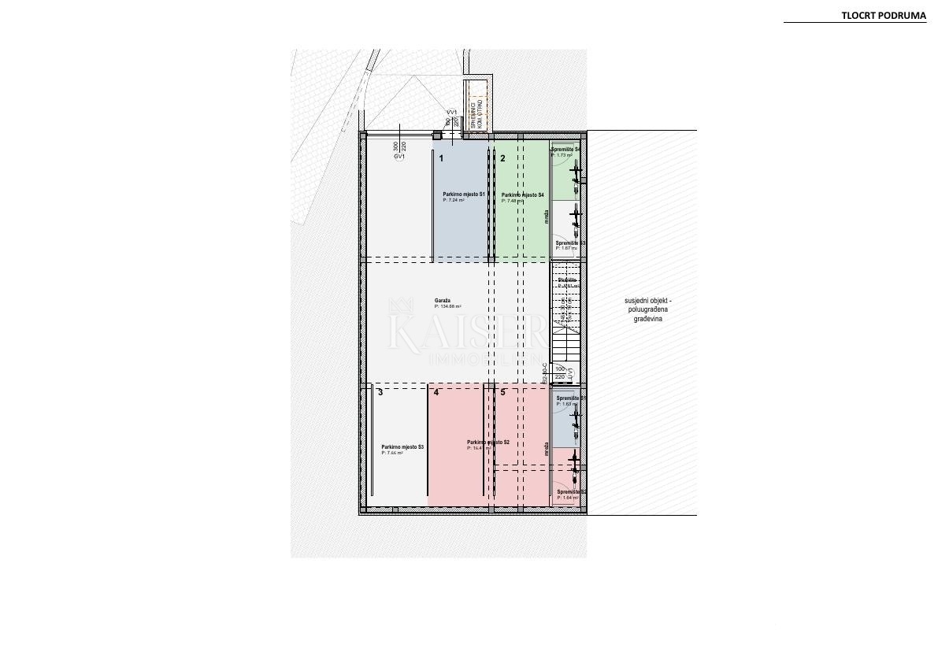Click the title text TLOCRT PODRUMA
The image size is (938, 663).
pyautogui.click(x=884, y=15)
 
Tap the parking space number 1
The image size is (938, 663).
pyautogui.click(x=441, y=158)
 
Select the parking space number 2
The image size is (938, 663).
pyautogui.click(x=502, y=158)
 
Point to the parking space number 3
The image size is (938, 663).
pyautogui.click(x=380, y=392)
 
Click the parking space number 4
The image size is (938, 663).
pyautogui.click(x=436, y=392)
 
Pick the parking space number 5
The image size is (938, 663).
pyautogui.click(x=502, y=392)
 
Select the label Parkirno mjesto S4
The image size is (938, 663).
pyautogui.click(x=522, y=195)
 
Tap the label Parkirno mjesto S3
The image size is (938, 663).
pyautogui.click(x=402, y=446)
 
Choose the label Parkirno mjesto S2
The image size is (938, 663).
pyautogui.click(x=488, y=443)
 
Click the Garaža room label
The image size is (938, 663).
pyautogui.click(x=443, y=301)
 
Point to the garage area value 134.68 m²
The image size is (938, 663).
pyautogui.click(x=449, y=307)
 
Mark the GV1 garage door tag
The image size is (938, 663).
pyautogui.click(x=399, y=157)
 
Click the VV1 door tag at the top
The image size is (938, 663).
pyautogui.click(x=452, y=113)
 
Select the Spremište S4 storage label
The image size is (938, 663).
pyautogui.click(x=565, y=150)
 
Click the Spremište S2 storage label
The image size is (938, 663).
pyautogui.click(x=571, y=492)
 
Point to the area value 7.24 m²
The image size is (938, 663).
pyautogui.click(x=455, y=200)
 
